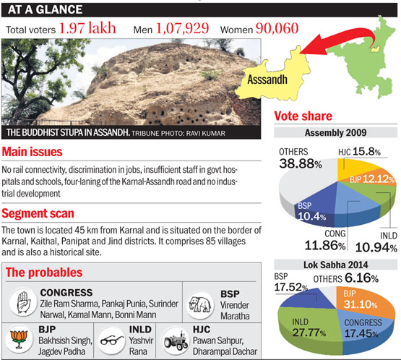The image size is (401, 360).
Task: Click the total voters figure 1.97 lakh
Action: pyautogui.click(x=87, y=28)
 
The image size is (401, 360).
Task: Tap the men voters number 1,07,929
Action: pyautogui.click(x=182, y=28)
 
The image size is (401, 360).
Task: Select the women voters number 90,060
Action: pyautogui.click(x=277, y=28)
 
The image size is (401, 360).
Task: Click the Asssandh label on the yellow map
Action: pyautogui.click(x=267, y=80)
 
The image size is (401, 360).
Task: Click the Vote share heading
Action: pyautogui.click(x=303, y=116)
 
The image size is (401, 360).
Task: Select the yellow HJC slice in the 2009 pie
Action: pyautogui.click(x=355, y=168)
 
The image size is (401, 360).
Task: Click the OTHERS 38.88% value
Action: pyautogui.click(x=301, y=163)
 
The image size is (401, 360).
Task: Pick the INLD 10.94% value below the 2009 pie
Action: pyautogui.click(x=376, y=247)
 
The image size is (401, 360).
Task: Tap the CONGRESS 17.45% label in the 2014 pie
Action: pyautogui.click(x=363, y=328)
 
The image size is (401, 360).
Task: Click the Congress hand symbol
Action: pyautogui.click(x=24, y=303)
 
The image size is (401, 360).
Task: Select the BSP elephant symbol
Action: pyautogui.click(x=199, y=304)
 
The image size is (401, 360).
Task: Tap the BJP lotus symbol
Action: pyautogui.click(x=19, y=339)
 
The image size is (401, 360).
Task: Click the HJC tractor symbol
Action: pyautogui.click(x=176, y=340)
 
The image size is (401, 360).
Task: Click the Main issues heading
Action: pyautogui.click(x=32, y=152)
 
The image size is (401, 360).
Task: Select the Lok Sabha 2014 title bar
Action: pyautogui.click(x=335, y=265)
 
